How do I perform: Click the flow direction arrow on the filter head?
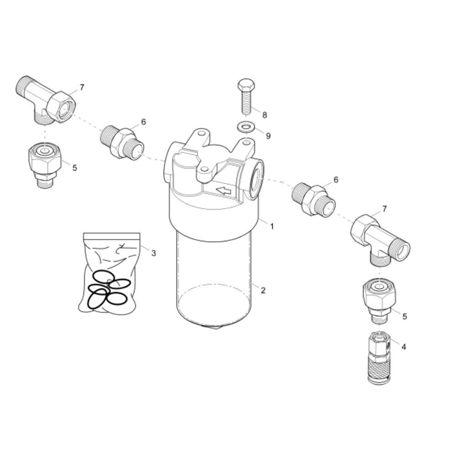223,191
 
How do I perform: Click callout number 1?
272,226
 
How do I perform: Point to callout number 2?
263,290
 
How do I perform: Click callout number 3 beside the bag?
154,253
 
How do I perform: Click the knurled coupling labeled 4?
378,358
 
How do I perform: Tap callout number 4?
404,347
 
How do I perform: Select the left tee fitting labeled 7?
46,101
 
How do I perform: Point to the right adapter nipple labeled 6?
314,200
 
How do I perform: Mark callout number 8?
264,115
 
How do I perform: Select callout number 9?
268,135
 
